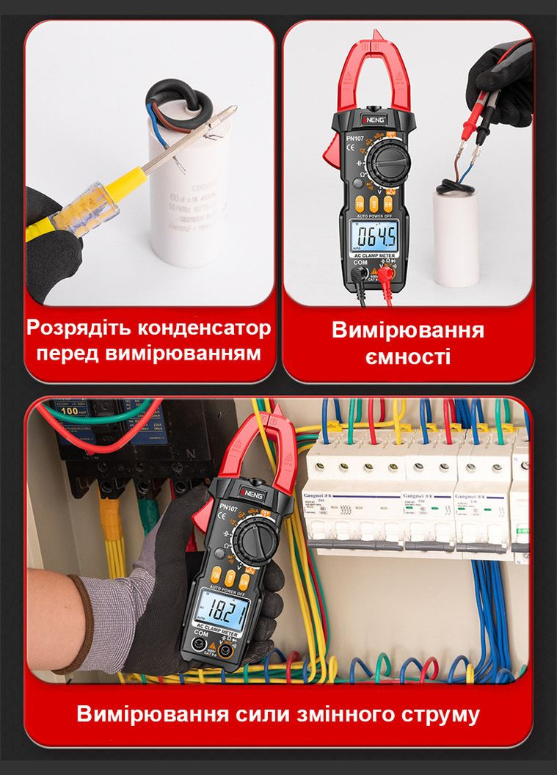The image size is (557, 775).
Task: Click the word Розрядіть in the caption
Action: point(79,327)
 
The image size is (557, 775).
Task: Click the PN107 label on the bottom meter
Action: point(227,508)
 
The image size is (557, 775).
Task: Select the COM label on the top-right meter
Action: point(360,262)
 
